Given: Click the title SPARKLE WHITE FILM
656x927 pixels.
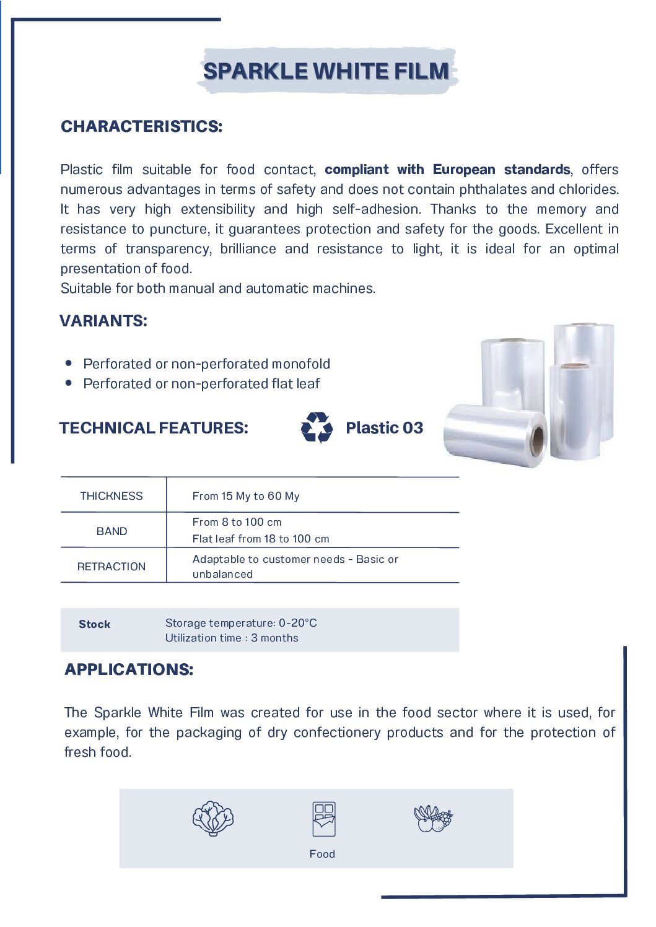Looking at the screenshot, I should click(x=326, y=71).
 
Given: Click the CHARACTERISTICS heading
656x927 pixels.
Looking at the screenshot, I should click(x=141, y=126).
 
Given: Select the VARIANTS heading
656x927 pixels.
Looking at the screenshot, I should click(x=103, y=321).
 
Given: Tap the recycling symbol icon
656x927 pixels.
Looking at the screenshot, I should click(x=317, y=428).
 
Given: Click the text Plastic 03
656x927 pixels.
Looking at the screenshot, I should click(x=384, y=428).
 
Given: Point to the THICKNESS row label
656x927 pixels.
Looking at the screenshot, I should click(x=112, y=496).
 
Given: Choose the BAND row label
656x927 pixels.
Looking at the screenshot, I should click(x=112, y=531).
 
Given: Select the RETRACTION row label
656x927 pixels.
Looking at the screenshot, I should click(x=112, y=567).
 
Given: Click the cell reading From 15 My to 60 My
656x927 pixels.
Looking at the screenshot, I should click(x=246, y=496).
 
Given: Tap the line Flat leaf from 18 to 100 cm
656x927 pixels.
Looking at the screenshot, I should click(x=261, y=539).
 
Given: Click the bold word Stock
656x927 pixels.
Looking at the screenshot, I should click(x=95, y=624).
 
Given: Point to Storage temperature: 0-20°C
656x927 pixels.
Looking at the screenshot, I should click(x=241, y=623).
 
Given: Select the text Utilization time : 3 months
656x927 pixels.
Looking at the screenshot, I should click(x=232, y=638).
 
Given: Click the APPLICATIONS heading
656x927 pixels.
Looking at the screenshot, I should click(x=129, y=669).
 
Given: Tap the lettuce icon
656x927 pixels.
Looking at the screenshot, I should click(x=213, y=819).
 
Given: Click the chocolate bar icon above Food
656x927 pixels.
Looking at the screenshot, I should click(x=324, y=819).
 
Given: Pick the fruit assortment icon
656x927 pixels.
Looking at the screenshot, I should click(x=433, y=819).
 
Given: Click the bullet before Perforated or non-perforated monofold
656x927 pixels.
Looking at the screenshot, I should click(x=69, y=363).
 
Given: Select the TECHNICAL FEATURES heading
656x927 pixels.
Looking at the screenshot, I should click(x=154, y=428).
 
